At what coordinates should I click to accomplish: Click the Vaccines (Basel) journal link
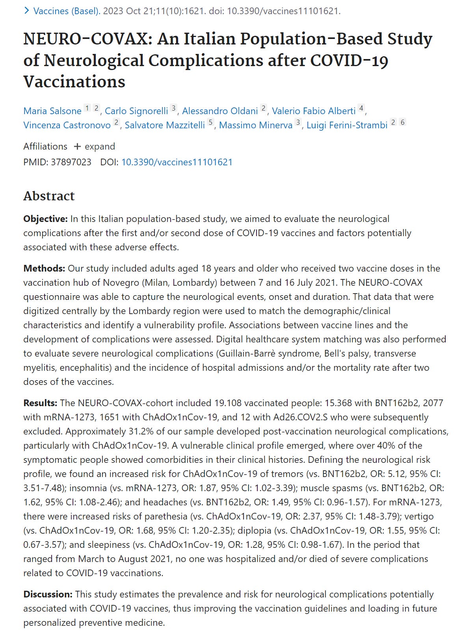tap(66, 11)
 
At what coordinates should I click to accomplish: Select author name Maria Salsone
tap(52, 111)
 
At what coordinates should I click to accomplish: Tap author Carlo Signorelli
tap(136, 111)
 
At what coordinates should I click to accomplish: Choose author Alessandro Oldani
tap(220, 111)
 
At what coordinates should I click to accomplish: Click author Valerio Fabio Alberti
tap(314, 111)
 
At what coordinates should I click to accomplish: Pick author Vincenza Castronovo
tap(67, 125)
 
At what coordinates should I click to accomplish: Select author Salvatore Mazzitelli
tap(165, 125)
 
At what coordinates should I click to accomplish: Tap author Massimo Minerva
tap(256, 125)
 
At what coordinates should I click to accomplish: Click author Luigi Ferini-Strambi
tap(347, 125)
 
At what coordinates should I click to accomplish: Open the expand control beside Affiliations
tap(95, 146)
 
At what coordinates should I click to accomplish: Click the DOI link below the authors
tap(177, 162)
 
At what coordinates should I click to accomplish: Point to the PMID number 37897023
tap(71, 162)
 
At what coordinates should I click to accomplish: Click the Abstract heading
tap(49, 196)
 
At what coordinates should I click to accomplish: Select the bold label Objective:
tap(45, 219)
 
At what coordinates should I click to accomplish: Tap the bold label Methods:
tap(44, 268)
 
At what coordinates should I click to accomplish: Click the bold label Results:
tap(41, 403)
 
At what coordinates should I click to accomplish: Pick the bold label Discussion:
tap(48, 594)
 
